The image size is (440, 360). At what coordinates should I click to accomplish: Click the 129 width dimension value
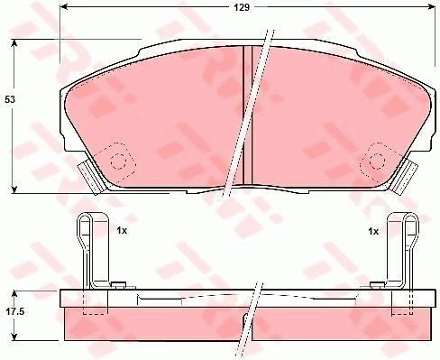pos(242,7)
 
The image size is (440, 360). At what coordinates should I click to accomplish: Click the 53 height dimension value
pos(10,99)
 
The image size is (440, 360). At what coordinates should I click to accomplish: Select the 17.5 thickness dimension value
pos(14,311)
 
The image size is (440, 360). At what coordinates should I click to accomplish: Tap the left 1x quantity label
pos(122,231)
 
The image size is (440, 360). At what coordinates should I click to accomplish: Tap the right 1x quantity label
pos(373,231)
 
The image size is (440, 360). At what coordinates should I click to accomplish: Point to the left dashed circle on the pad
pos(117,162)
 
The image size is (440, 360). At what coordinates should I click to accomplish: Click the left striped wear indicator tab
pos(91,178)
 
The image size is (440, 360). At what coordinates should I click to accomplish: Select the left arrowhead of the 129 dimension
pos(63,6)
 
